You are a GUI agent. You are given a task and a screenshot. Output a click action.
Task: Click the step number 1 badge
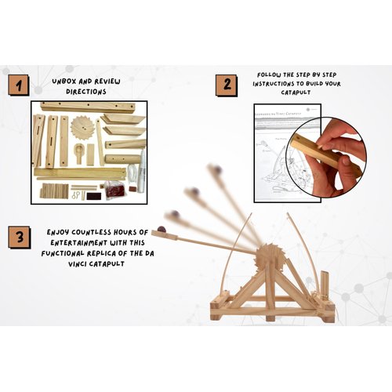(19, 85)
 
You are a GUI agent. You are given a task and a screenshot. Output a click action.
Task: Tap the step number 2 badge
(226, 85)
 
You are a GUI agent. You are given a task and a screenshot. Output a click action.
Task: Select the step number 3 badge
(19, 236)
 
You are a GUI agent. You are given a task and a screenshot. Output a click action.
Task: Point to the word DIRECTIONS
(86, 92)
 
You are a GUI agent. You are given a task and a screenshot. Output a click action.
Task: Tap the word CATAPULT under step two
(295, 92)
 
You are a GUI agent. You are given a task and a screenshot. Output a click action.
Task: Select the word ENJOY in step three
(60, 232)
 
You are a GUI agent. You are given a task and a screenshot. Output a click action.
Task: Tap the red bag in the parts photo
(117, 188)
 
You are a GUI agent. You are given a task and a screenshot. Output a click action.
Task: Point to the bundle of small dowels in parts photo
(54, 191)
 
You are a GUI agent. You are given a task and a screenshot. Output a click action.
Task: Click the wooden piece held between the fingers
(321, 152)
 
